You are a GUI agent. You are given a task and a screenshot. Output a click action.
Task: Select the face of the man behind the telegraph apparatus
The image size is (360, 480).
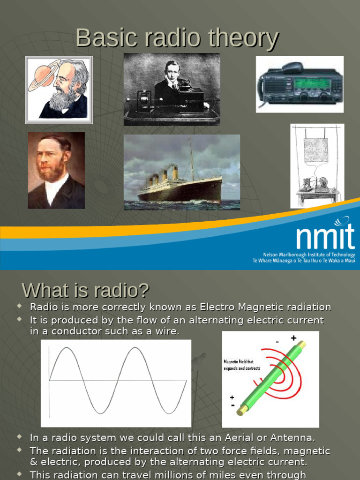tap(172, 73)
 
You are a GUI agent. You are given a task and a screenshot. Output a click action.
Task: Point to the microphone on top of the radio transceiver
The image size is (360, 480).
tap(292, 67)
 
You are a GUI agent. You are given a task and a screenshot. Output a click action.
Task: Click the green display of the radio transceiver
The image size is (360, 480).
tap(312, 83)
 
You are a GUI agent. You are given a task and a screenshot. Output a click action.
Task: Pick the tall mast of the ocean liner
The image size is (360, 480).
tap(191, 159)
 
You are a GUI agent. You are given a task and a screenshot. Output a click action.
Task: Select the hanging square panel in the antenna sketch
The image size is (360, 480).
tap(315, 150)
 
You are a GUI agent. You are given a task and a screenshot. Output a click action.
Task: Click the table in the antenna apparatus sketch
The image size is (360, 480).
tap(318, 193)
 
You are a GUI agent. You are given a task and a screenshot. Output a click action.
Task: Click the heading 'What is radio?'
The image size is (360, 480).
tap(85, 291)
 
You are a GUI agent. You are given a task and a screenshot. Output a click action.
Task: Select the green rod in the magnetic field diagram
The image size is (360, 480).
tap(272, 377)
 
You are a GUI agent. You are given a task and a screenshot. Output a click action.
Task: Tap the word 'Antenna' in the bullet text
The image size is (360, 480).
tap(294, 438)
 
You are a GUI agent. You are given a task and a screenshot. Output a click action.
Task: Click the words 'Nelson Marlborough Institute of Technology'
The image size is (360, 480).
tap(309, 255)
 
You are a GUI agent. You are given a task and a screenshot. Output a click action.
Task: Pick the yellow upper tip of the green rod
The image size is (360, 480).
tap(301, 345)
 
